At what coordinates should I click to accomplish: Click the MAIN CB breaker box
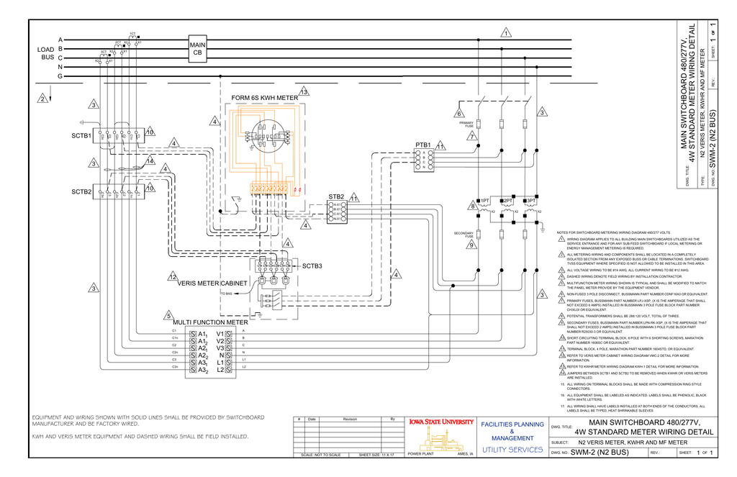tap(197, 49)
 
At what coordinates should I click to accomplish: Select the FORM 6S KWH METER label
tap(264, 98)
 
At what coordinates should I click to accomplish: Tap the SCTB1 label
tap(81, 135)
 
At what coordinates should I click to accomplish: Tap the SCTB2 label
tap(81, 192)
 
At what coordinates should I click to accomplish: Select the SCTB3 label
tap(312, 266)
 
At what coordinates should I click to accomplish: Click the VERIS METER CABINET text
tap(212, 283)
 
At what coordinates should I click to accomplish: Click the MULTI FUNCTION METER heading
tap(209, 322)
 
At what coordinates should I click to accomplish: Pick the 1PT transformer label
tap(486, 201)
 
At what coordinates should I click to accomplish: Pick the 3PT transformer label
tap(530, 201)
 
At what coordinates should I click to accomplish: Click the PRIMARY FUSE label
tap(466, 124)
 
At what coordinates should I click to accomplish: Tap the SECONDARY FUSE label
tap(464, 235)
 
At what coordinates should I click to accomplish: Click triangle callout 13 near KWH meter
tap(304, 92)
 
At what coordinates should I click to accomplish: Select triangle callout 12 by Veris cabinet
tap(173, 277)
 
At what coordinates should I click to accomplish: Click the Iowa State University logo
tap(440, 422)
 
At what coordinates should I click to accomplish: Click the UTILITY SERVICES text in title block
tap(512, 450)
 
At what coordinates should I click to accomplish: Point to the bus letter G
tap(60, 76)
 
